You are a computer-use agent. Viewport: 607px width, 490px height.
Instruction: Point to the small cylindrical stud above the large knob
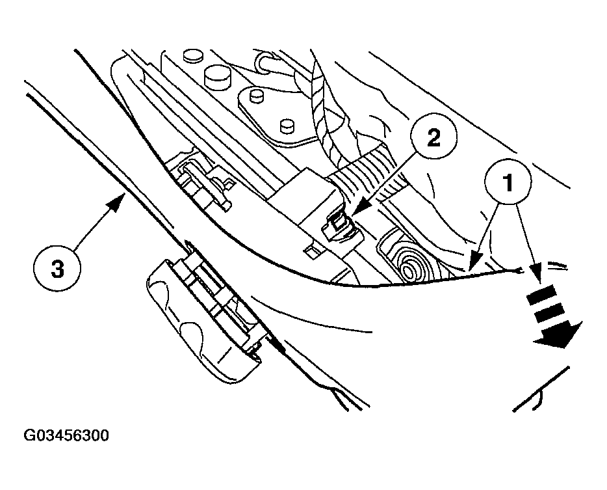coord(192,55)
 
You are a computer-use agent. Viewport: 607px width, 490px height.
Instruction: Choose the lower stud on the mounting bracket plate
coord(283,124)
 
